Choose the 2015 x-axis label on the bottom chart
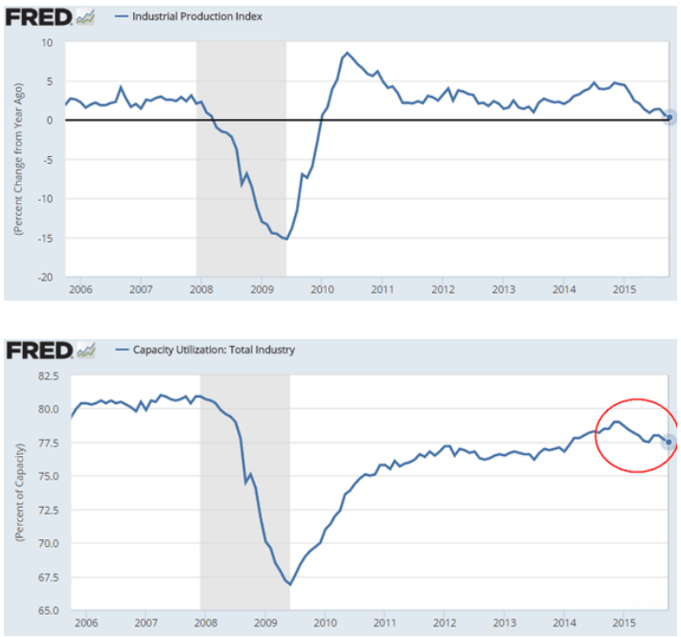(x=624, y=622)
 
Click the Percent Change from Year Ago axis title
(x=18, y=163)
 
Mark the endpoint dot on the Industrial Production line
(x=670, y=118)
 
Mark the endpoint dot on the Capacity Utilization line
(x=670, y=442)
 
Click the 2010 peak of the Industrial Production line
(x=347, y=53)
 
